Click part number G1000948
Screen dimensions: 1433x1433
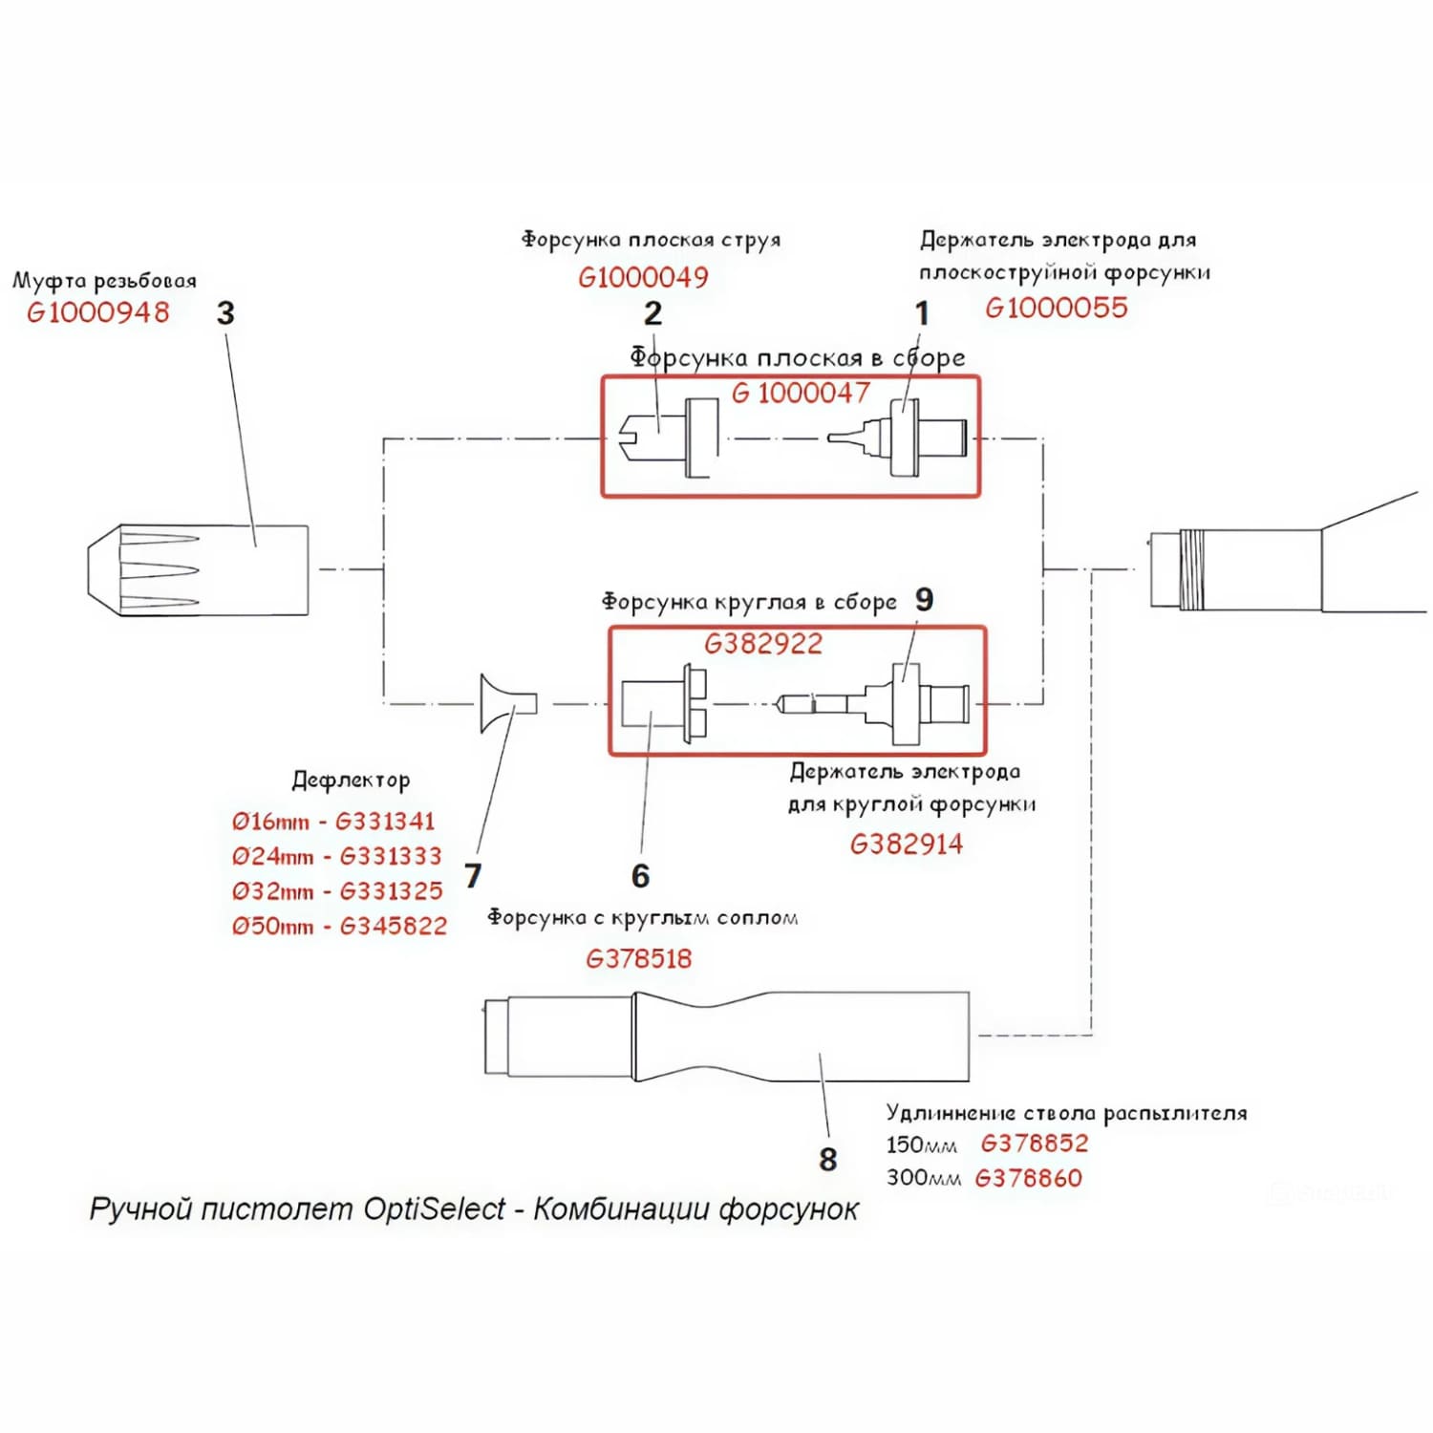98,312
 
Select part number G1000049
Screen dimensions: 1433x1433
643,277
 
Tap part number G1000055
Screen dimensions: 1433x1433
1057,308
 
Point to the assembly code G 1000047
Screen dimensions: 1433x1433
801,393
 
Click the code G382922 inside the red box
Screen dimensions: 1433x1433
763,644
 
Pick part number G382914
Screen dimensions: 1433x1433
907,844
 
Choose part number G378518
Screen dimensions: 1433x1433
638,958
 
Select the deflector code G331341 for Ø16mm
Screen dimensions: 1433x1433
385,821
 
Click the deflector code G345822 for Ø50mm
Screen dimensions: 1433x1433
393,926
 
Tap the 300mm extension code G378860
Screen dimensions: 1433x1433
1028,1178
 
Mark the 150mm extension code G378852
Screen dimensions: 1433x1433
1035,1144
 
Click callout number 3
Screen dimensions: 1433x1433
225,313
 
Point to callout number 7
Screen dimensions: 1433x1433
473,875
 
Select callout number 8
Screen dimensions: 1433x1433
828,1159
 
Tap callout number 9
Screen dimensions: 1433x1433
924,599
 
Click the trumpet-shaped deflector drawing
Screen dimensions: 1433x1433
508,704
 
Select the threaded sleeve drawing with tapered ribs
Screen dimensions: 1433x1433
198,569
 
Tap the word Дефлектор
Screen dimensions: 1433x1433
351,781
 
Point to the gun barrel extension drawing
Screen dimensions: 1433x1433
727,1037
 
